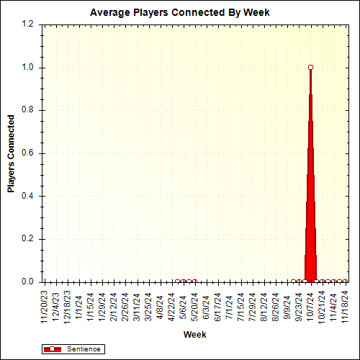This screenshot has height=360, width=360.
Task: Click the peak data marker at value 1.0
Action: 310,67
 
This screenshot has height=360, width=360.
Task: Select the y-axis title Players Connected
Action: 12,153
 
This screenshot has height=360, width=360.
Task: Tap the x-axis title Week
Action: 194,335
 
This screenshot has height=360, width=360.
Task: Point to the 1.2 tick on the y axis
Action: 28,24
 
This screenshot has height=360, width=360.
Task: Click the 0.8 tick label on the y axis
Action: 28,110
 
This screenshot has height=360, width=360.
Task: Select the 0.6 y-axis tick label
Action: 28,153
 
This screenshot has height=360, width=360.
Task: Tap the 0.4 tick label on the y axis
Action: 28,196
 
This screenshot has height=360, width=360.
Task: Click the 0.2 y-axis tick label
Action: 28,239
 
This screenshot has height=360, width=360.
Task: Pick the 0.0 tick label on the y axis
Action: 28,282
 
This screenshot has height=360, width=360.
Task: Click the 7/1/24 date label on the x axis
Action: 229,302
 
